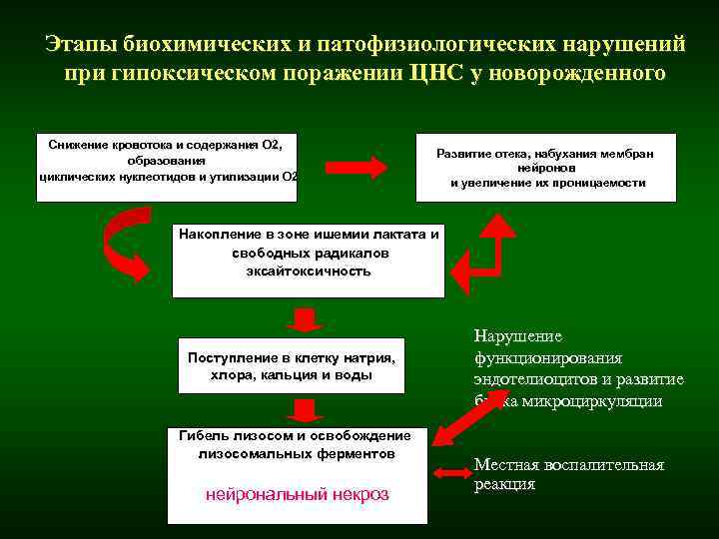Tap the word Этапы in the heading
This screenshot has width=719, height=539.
[x=82, y=44]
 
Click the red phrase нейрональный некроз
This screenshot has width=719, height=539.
[x=297, y=494]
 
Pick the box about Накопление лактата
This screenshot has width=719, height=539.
[x=308, y=260]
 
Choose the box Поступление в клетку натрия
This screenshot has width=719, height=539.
[x=292, y=366]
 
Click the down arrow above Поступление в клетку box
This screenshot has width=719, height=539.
[x=304, y=319]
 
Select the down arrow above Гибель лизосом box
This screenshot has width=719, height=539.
[x=305, y=409]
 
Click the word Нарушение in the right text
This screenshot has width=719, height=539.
[x=517, y=337]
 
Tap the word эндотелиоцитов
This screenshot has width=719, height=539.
[x=535, y=379]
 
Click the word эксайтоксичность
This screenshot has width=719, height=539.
[x=308, y=270]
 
